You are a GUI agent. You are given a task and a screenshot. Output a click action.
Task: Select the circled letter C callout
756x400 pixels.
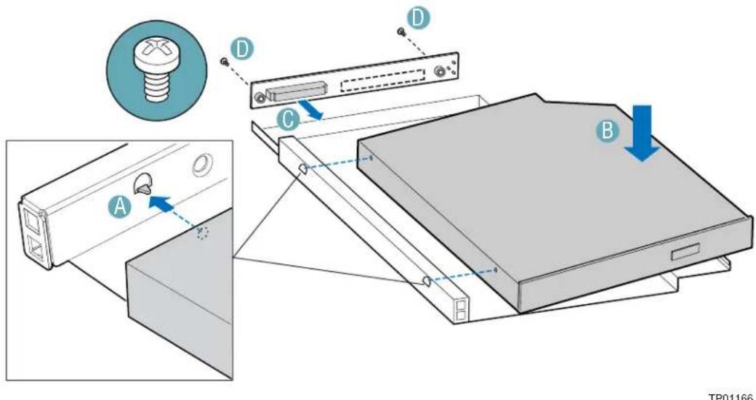(287, 121)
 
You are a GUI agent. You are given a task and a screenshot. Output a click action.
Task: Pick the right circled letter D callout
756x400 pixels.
(417, 18)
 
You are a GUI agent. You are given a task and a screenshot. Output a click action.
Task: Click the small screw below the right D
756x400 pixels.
(401, 31)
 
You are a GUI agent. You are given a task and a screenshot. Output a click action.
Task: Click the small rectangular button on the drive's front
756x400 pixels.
(685, 252)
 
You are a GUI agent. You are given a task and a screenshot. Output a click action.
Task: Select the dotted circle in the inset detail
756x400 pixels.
(203, 233)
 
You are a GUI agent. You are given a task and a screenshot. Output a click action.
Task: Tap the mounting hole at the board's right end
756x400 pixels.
(439, 71)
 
